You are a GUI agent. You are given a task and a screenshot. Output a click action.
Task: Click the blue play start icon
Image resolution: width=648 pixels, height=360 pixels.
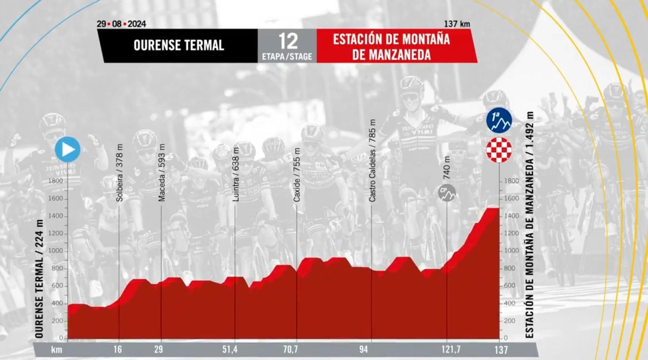68,149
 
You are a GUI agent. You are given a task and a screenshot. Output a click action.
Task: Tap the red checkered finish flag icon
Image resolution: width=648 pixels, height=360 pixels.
499,150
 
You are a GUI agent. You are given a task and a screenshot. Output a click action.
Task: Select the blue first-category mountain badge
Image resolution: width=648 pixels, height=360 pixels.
499,120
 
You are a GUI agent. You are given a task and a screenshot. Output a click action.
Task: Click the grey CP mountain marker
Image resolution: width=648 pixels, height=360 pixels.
447,192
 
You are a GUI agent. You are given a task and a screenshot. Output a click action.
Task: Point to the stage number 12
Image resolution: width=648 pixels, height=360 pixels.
288,41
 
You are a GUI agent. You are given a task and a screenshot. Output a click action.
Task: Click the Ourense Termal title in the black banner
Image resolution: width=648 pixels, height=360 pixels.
179,45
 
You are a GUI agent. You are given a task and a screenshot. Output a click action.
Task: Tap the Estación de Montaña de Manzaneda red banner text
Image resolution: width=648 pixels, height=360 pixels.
391,47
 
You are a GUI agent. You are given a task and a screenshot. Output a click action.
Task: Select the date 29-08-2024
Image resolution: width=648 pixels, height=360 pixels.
121,24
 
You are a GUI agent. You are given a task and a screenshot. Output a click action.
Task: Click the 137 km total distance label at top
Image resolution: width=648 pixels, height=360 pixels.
457,24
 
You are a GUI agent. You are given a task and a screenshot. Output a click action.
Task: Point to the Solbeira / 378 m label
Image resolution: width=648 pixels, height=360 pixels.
119,173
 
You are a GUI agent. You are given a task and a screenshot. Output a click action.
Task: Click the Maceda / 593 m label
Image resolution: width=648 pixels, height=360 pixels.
162,173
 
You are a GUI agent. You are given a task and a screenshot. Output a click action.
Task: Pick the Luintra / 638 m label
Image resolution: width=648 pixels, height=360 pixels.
236,175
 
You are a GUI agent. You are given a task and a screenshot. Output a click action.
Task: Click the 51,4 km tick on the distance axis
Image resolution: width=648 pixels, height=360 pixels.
230,349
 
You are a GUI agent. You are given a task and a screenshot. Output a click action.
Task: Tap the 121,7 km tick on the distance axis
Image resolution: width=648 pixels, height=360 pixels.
450,349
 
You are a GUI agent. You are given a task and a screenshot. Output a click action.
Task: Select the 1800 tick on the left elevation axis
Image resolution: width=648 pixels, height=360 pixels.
56,181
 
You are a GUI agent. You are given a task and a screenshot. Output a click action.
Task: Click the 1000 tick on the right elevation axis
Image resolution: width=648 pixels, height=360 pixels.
512,251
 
